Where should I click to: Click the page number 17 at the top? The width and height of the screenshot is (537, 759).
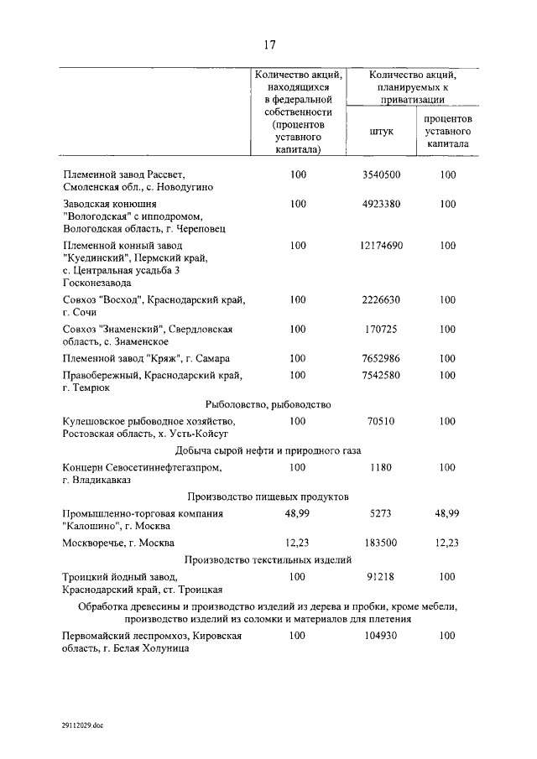coord(268,44)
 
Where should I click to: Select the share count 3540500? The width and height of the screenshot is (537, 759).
coord(381,174)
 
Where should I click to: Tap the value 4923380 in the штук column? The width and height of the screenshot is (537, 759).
coord(381,204)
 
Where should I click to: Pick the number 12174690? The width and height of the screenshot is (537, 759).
coord(381,246)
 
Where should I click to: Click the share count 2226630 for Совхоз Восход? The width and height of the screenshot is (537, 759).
coord(381,299)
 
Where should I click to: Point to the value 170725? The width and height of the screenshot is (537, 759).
coord(381,329)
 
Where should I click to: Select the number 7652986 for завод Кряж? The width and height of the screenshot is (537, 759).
coord(381,358)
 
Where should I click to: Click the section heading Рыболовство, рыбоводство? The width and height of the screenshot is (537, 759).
coord(268,405)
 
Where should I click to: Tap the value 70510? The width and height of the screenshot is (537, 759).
coord(381,421)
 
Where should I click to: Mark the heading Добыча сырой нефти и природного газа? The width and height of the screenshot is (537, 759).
coord(268,451)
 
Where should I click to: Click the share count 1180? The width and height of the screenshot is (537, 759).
coord(381,467)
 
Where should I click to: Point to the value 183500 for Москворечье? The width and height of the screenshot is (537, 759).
coord(381,543)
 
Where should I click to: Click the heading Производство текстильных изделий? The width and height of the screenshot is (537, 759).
coord(268,560)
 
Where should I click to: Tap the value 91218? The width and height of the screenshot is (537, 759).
coord(381,577)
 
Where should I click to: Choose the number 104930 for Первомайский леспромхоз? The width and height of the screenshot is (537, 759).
coord(381,637)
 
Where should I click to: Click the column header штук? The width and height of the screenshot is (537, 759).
coord(381,131)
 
